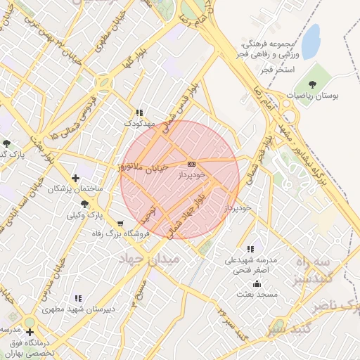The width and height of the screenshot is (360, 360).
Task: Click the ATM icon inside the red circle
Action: (191, 163)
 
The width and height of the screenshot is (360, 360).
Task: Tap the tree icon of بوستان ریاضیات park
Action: (322, 84)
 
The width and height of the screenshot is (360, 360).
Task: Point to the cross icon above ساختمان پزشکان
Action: (75, 178)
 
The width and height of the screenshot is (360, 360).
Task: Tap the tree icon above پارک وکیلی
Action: (85, 203)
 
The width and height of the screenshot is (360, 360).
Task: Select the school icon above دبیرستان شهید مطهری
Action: (77, 297)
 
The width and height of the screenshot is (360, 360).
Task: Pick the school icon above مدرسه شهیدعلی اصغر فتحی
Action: (251, 249)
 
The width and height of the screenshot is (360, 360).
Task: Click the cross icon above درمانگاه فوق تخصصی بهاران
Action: (30, 331)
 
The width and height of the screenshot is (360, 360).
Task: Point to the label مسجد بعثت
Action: (258, 294)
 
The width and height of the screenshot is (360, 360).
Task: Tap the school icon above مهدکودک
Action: (139, 112)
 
